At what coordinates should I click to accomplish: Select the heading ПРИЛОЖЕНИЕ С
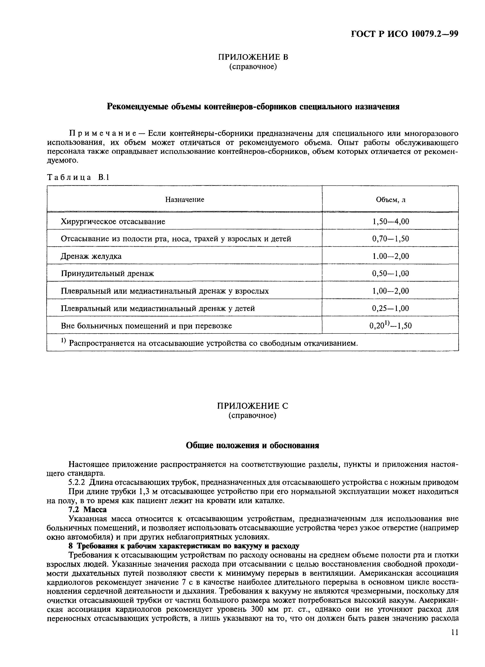253,406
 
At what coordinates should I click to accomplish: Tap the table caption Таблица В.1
78,177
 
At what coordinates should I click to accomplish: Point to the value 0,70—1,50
391,239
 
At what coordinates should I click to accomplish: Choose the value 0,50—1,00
391,273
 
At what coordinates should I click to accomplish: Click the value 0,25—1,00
391,308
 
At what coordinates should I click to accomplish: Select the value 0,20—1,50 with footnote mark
391,326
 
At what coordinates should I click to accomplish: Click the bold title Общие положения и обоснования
253,445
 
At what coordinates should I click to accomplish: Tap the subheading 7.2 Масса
87,509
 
